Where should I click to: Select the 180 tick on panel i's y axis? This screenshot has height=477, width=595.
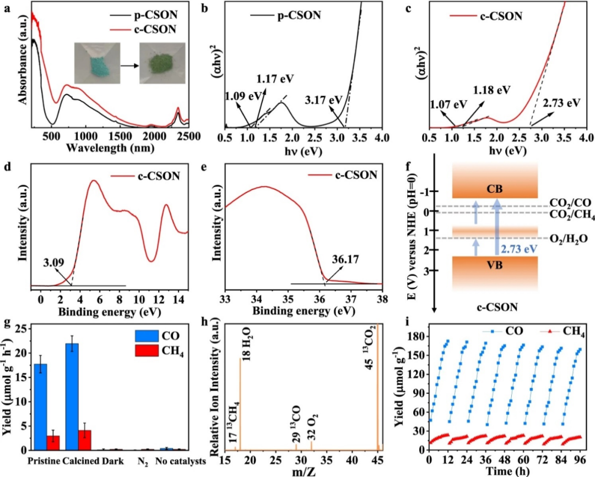[415, 336]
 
